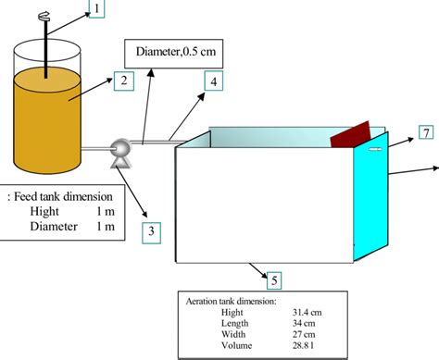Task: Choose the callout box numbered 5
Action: [270, 277]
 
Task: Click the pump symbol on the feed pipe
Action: [119, 151]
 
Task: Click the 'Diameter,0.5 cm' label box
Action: [173, 52]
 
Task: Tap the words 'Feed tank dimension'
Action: [65, 196]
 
